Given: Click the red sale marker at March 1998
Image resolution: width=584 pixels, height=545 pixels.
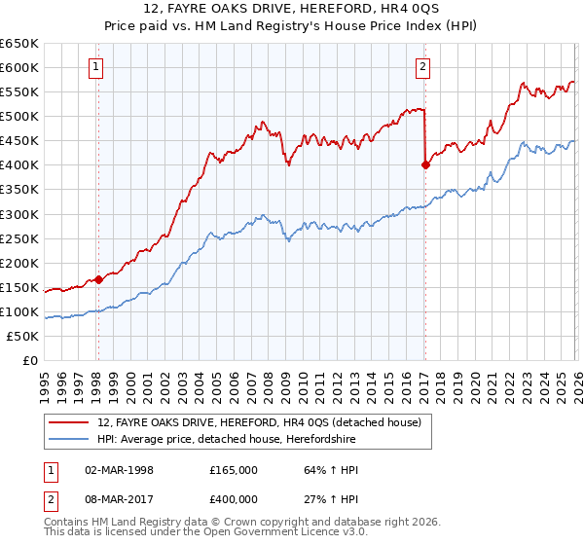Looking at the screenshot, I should tap(98, 279).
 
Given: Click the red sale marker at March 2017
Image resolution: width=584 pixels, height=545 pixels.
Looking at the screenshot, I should tap(425, 164).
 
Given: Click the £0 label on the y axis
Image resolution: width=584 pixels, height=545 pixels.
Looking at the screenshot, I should tap(30, 360).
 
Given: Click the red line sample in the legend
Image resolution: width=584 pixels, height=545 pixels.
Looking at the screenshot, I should tap(68, 422).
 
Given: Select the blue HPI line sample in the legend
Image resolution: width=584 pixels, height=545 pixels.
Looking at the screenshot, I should tap(68, 439).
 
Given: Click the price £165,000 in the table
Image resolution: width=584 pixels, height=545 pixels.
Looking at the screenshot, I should tap(234, 469).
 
